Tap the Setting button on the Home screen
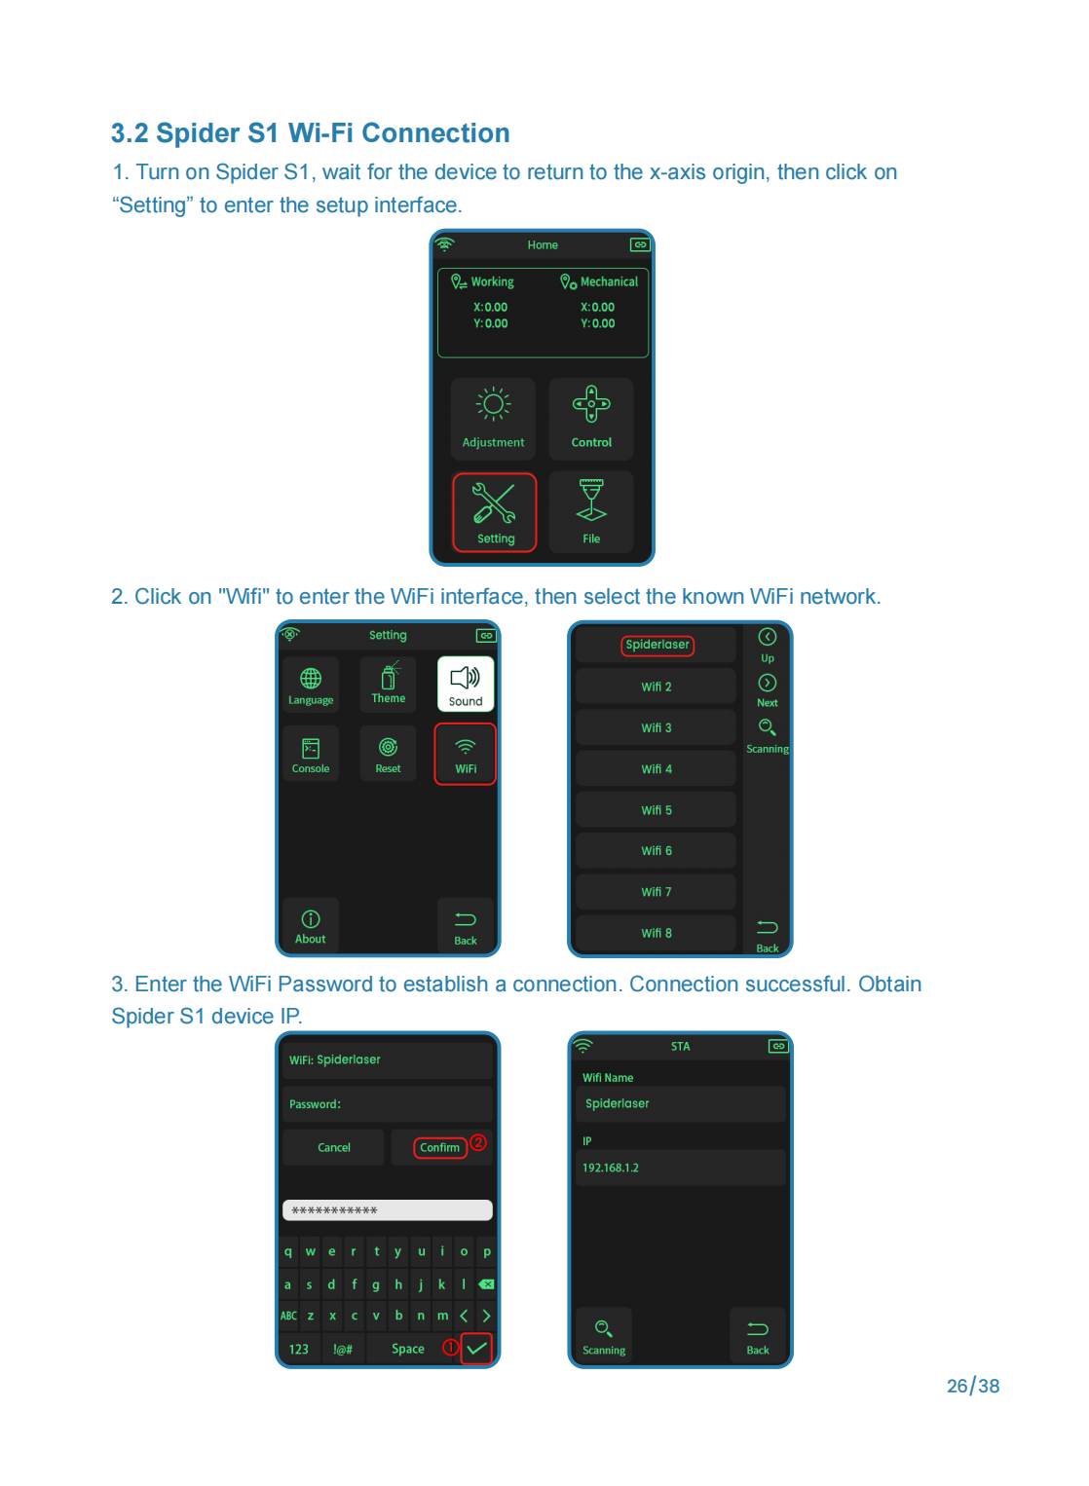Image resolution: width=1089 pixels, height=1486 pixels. pos(494,512)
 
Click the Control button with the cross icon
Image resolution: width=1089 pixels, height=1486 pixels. pos(590,419)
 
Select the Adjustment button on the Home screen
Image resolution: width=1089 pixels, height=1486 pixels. pos(493,419)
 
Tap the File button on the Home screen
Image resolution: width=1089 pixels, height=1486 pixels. pos(590,512)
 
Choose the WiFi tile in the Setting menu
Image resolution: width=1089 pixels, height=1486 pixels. pos(466,754)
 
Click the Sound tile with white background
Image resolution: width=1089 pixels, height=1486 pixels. pos(466,684)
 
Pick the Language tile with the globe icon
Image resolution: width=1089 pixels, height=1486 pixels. pos(311,685)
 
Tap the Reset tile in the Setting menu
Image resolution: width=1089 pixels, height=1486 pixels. pos(389,754)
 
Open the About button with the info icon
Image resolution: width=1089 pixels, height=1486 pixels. pos(311,925)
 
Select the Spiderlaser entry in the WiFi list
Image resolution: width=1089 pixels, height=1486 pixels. pos(657,645)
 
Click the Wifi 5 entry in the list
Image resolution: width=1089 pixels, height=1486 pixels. pos(656,810)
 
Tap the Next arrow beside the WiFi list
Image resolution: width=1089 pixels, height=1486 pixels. pos(768,689)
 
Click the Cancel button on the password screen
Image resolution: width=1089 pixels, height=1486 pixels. pos(334,1148)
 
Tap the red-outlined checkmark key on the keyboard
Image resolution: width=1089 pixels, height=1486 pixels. pos(476,1349)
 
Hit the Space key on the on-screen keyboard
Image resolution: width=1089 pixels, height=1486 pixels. pos(407,1349)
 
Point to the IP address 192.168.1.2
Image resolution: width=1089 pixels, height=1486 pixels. pos(611,1169)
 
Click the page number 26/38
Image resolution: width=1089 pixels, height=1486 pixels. pos(972,1386)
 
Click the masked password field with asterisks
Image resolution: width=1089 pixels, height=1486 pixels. pos(388,1210)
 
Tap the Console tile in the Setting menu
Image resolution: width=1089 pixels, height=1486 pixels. pos(311,754)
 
